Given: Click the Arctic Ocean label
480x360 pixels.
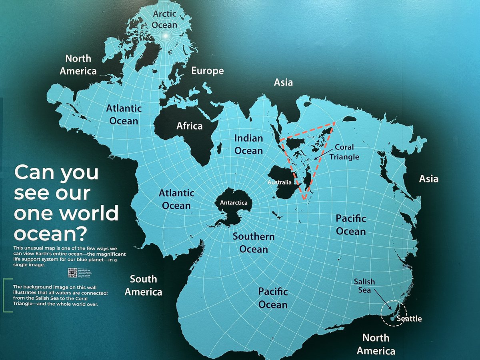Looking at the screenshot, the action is (164, 19).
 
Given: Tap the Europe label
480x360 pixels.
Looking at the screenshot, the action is (207, 71).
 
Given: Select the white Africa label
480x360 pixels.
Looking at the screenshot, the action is (190, 126).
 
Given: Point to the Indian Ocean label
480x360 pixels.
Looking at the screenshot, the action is (248, 144).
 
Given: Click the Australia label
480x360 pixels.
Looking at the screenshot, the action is (280, 183).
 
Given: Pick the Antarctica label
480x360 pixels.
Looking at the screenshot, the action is (234, 203).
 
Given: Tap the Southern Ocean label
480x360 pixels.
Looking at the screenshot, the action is (254, 243).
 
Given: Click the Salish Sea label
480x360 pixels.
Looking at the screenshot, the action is (364, 286).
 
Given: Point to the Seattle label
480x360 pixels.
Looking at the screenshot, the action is (408, 319).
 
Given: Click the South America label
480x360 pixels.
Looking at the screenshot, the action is (143, 286).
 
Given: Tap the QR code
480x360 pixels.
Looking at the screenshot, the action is (72, 272).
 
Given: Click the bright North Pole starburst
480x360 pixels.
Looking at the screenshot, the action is (165, 36).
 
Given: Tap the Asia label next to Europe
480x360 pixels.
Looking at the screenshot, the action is (283, 82).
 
